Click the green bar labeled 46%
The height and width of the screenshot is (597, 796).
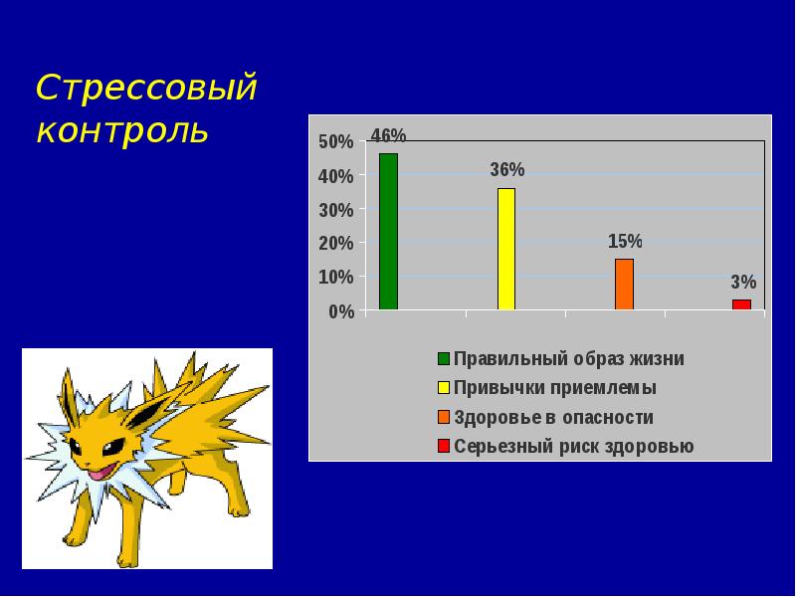388,232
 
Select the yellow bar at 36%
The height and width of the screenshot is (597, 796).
506,249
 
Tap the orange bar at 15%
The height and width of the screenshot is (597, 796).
624,285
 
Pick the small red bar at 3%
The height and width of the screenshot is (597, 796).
741,304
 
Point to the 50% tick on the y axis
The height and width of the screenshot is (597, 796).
335,142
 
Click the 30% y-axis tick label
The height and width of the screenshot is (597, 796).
335,210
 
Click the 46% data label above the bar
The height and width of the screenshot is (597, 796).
388,135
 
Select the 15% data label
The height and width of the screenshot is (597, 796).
625,241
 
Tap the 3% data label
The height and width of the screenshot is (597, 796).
743,283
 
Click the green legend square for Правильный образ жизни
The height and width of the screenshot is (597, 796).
444,358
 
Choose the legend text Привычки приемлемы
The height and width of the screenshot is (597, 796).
554,388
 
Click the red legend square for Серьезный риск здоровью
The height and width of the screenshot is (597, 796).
444,445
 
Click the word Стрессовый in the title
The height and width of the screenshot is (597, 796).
146,90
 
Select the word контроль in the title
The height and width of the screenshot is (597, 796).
122,130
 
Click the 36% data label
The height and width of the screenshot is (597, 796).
506,170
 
